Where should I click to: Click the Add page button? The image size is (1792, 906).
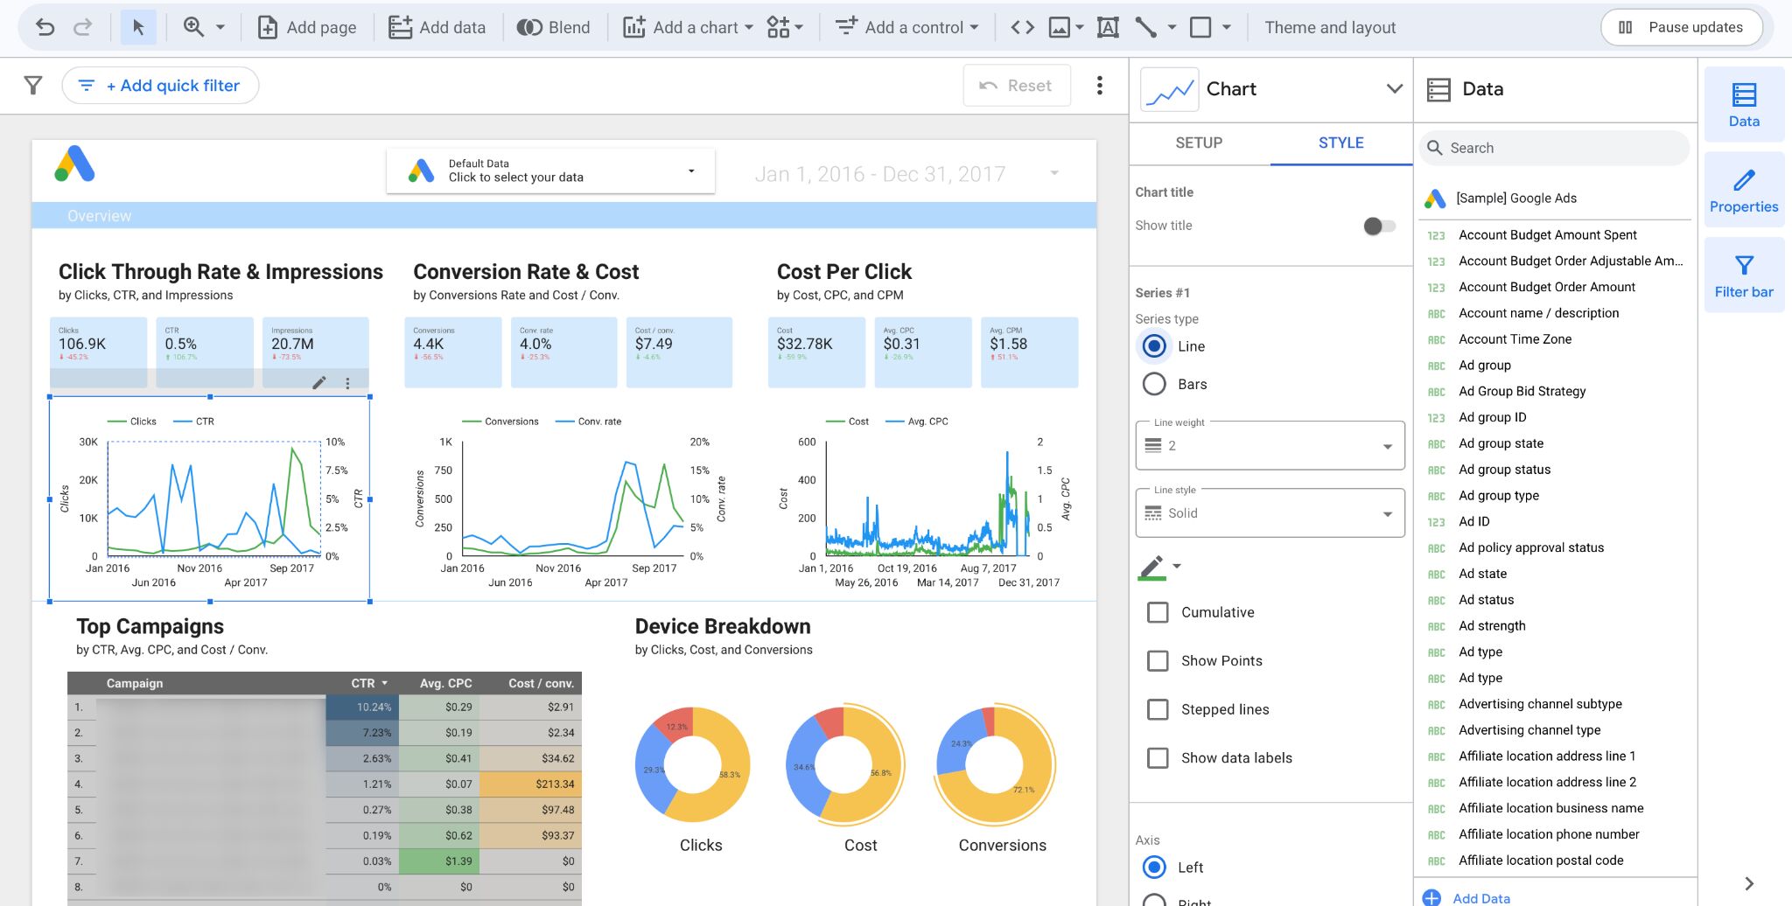coord(307,27)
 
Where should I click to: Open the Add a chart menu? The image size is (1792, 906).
coord(688,27)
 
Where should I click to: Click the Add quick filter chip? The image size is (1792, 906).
coord(160,86)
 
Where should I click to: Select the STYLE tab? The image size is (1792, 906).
coord(1340,143)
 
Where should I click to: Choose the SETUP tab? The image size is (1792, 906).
coord(1199,143)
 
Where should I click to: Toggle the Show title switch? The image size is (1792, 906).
coord(1378,226)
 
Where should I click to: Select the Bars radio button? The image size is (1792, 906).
coord(1155,384)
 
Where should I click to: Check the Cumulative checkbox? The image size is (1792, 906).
coord(1158,612)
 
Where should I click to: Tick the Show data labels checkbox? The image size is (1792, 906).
coord(1158,757)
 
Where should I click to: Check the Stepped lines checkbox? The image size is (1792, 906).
coord(1158,709)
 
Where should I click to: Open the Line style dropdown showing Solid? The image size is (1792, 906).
coord(1270,513)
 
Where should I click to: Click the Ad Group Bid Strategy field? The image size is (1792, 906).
coord(1522,391)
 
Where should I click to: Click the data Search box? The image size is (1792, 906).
coord(1553,148)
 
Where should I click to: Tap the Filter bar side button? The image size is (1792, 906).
coord(1743,275)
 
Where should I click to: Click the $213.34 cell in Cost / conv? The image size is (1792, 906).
coord(531,784)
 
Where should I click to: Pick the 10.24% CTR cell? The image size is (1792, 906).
coord(362,707)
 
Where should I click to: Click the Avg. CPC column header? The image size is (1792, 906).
coord(445,683)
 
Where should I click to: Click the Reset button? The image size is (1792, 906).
coord(1016,86)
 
